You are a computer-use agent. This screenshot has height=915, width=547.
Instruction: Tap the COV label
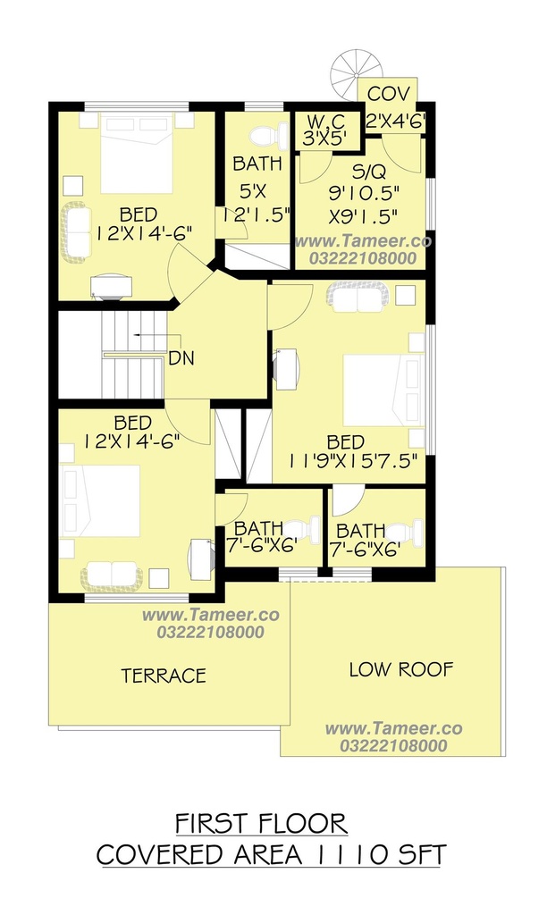(389, 93)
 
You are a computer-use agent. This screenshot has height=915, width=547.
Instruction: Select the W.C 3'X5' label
(325, 130)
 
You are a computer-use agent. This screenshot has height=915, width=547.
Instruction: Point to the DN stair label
(181, 357)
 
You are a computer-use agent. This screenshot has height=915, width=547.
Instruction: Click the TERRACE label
(164, 676)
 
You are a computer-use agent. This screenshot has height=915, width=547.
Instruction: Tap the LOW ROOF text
(401, 669)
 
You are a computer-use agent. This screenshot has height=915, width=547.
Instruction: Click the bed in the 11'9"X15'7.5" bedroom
(383, 390)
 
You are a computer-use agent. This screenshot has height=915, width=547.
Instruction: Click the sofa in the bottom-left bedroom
(112, 575)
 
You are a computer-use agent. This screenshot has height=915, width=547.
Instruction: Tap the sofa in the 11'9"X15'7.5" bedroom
(357, 295)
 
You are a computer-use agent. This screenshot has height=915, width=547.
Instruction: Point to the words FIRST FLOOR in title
(262, 824)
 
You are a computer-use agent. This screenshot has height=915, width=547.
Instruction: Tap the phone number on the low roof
(393, 745)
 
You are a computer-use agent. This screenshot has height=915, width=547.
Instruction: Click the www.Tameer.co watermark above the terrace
(211, 615)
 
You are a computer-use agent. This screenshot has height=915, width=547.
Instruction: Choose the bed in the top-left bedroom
(137, 154)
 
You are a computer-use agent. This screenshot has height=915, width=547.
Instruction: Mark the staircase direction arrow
(156, 335)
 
